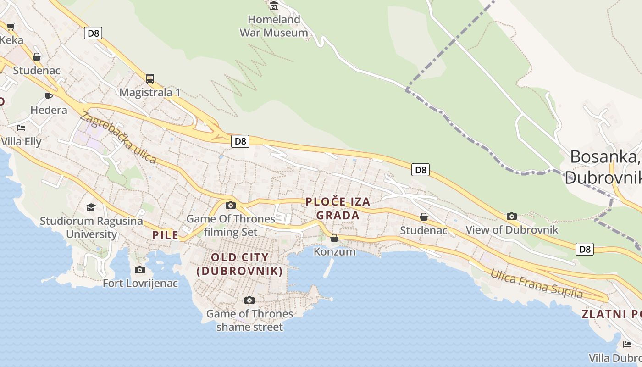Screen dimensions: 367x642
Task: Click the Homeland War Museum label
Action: (274, 26)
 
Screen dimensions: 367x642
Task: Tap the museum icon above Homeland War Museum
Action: (274, 6)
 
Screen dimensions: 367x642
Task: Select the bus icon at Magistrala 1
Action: (149, 78)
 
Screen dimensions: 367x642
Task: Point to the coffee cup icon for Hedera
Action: (49, 96)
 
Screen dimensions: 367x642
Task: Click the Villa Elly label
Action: (21, 141)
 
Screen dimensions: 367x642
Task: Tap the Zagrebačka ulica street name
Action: (118, 137)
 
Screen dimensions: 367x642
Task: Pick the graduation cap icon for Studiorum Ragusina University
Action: (91, 208)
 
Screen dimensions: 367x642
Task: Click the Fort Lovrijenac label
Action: (140, 283)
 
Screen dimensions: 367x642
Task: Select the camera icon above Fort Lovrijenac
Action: (140, 270)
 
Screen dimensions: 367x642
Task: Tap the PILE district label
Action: (165, 235)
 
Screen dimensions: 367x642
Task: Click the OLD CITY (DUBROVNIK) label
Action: (239, 264)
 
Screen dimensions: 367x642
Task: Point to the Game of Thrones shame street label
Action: (249, 320)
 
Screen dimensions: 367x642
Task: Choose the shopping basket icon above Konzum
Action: (334, 238)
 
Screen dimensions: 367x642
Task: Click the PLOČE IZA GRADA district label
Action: (338, 208)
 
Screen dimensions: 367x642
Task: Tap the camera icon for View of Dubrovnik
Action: (512, 216)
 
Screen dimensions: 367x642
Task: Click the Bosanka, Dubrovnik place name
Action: (603, 167)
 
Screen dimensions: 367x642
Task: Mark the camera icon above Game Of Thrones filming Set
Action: (231, 205)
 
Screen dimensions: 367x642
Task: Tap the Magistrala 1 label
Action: (149, 92)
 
